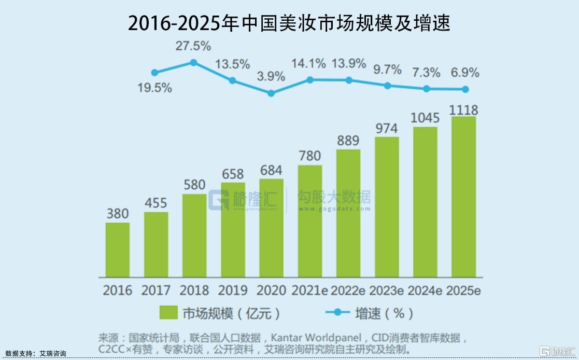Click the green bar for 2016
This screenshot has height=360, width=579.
point(118,250)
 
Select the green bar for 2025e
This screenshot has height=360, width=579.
point(463,197)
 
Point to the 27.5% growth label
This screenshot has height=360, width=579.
point(193,46)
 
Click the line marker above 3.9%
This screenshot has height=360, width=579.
point(271,93)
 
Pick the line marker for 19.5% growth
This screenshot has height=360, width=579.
point(154,73)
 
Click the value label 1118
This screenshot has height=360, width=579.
point(464,110)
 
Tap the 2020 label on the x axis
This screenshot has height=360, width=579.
point(271,290)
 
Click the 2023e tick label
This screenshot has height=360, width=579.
point(387,290)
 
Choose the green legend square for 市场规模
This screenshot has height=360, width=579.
point(168,313)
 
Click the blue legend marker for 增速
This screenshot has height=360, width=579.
point(337,313)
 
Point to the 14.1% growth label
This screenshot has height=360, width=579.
point(309,64)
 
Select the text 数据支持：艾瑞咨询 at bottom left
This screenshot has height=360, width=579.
point(35,354)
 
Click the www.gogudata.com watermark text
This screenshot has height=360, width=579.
point(334,209)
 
